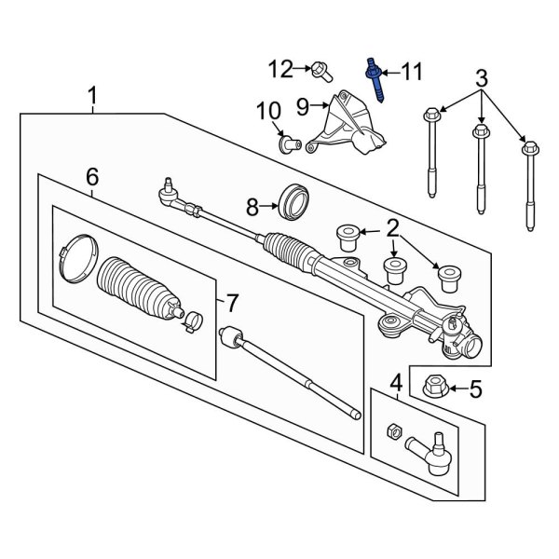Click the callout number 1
pos(92,95)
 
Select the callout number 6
pos(91,176)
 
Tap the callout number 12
pos(280,69)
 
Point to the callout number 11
pos(412,70)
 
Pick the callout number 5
pos(475,389)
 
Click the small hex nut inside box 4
pos(393,431)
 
